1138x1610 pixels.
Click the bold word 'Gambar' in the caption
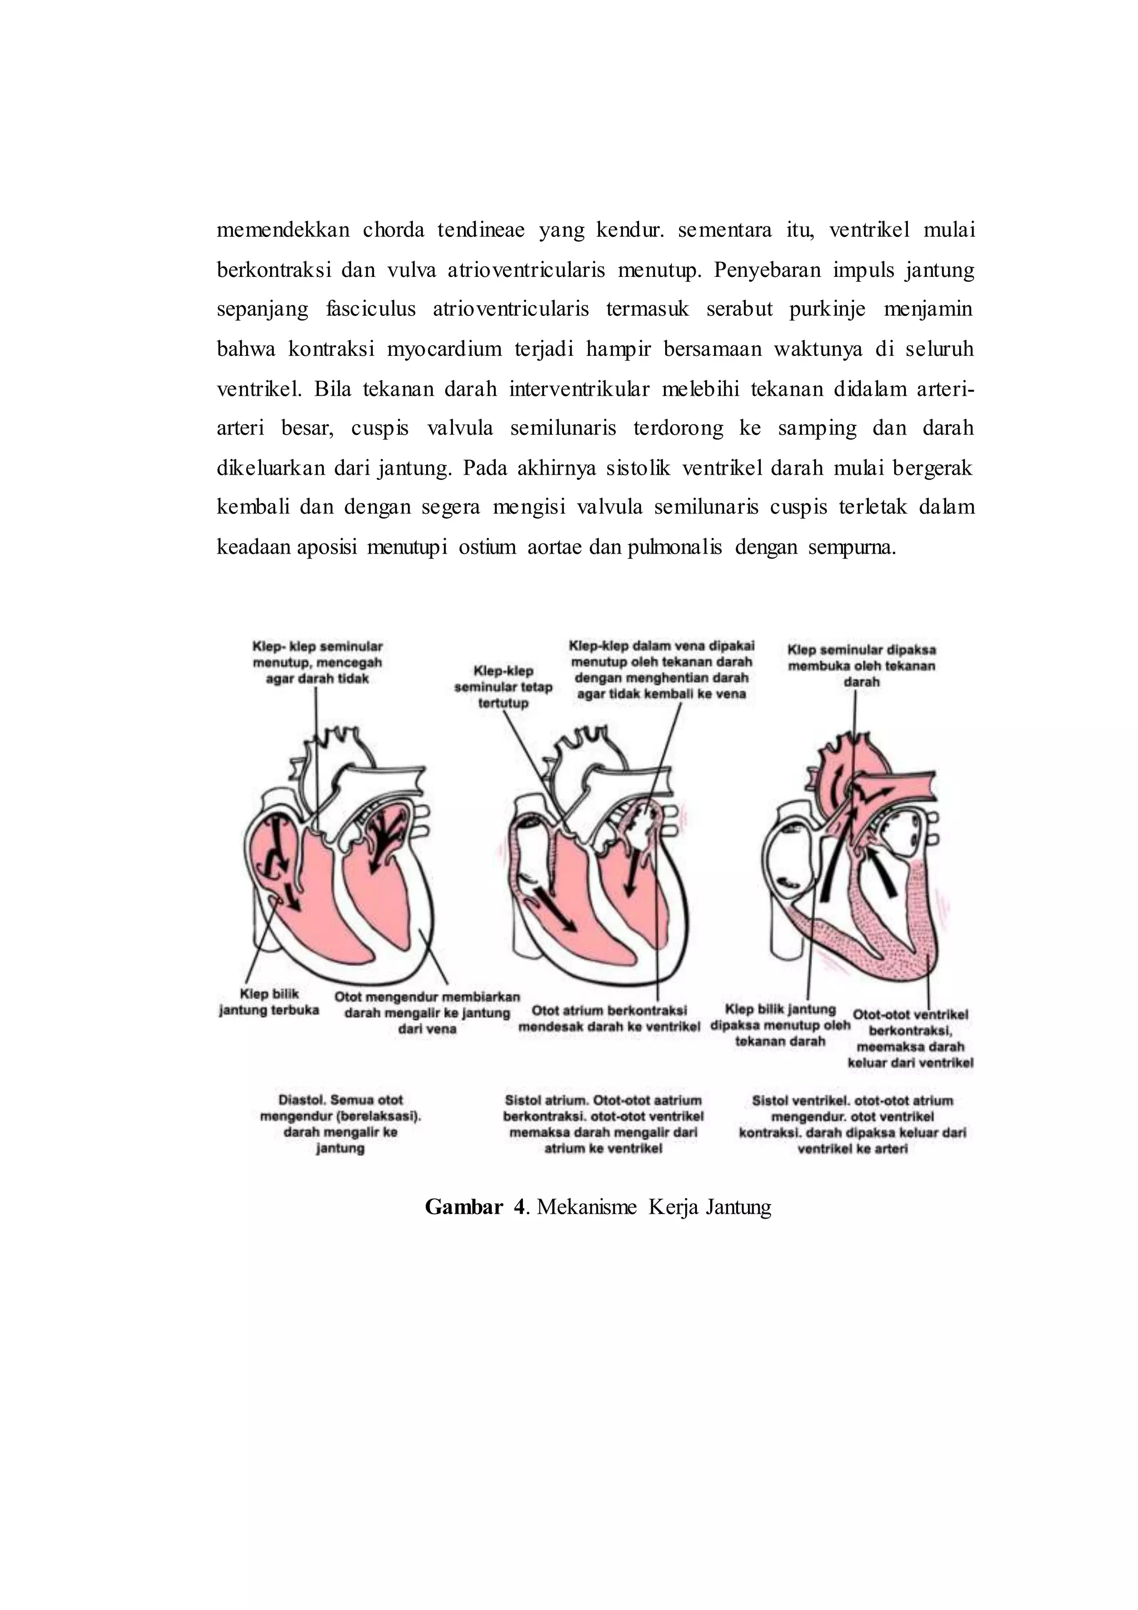click(463, 1207)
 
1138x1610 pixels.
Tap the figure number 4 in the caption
click(519, 1207)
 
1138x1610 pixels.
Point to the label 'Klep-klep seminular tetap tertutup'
click(503, 687)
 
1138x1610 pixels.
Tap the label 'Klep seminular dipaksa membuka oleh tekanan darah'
click(861, 665)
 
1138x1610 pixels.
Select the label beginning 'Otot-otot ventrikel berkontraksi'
click(910, 1038)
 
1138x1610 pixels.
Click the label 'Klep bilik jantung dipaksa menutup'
click(780, 1025)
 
